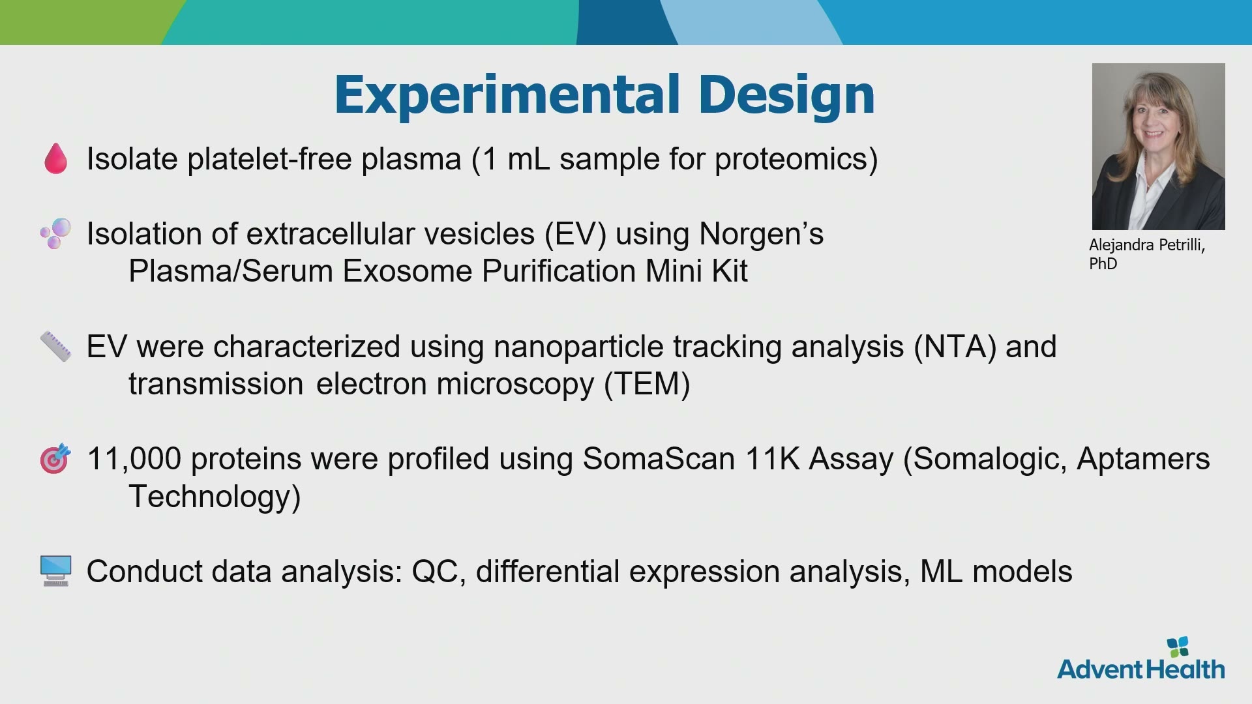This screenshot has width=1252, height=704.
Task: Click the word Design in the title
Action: [786, 96]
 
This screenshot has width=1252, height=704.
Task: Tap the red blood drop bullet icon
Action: [55, 158]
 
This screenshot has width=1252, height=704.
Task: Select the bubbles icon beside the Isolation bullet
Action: [55, 233]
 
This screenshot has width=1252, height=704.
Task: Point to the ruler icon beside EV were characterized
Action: [55, 346]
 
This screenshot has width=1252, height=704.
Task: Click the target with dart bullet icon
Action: [55, 458]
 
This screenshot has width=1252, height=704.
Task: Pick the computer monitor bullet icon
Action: [55, 571]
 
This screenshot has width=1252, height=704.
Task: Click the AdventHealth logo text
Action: [1140, 669]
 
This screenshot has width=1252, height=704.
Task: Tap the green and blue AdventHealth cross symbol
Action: [1178, 647]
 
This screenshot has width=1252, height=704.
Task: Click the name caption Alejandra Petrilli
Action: [1147, 245]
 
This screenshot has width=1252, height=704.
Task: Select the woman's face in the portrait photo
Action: [1152, 120]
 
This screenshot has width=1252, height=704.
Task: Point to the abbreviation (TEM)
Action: [647, 384]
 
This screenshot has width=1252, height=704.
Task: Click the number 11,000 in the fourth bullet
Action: [134, 459]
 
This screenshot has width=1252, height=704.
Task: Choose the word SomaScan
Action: [659, 458]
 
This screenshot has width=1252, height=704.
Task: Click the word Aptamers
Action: [1143, 460]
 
